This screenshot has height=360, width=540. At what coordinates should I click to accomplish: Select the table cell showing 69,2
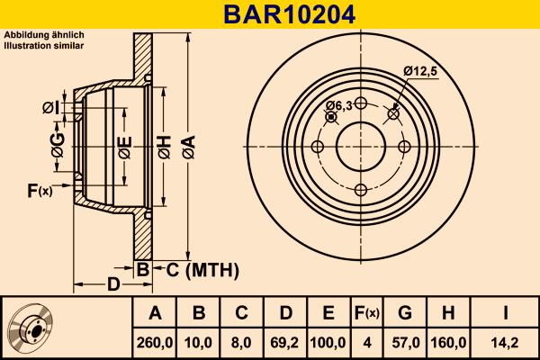click(x=285, y=342)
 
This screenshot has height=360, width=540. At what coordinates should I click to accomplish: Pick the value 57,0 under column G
click(x=405, y=342)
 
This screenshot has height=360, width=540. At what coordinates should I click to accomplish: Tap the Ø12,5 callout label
click(x=420, y=71)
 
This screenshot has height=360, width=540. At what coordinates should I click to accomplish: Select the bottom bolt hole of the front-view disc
click(x=361, y=190)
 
